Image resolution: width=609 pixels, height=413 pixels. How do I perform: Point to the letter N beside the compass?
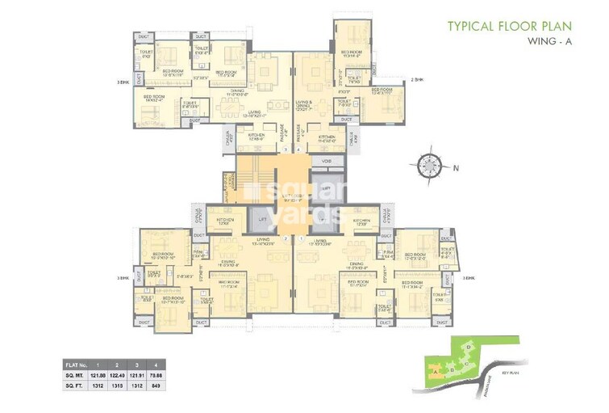454,168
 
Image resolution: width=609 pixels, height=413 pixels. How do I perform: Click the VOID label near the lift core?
326,161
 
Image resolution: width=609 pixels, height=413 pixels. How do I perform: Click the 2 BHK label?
417,80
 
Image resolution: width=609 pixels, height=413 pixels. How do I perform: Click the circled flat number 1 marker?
298,238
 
